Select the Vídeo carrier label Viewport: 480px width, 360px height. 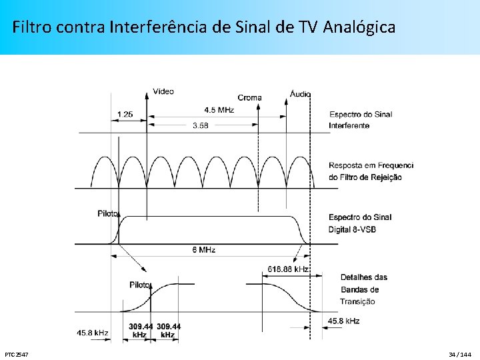(x=163, y=91)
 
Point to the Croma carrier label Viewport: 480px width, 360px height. (x=250, y=97)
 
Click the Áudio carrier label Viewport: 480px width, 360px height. (x=300, y=94)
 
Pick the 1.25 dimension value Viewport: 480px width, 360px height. (x=125, y=114)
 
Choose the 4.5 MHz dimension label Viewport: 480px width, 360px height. (x=219, y=110)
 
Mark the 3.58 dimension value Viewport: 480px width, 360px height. (x=200, y=125)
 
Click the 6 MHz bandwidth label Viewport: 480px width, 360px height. (x=204, y=250)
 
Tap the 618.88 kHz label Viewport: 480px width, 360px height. (x=288, y=269)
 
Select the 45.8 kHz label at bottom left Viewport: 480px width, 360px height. (x=93, y=332)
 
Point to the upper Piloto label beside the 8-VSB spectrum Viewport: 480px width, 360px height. (x=107, y=214)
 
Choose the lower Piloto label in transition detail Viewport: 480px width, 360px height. (x=140, y=285)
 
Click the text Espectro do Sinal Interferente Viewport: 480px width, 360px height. (x=360, y=119)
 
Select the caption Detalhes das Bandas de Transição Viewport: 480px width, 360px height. (x=363, y=289)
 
